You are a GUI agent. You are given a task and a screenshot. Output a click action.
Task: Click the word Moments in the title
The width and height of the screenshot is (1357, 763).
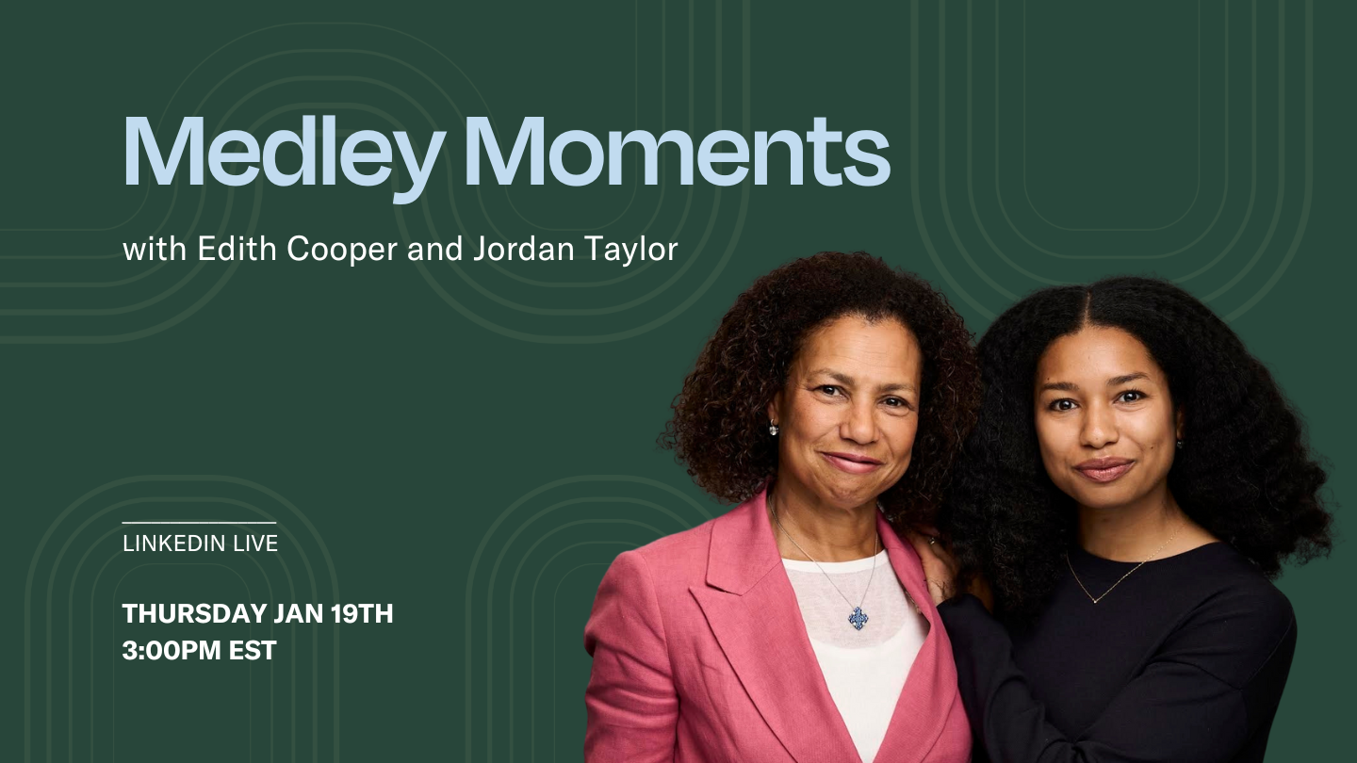click(x=676, y=153)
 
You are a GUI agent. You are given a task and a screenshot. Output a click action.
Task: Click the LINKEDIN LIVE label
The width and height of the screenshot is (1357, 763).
click(x=200, y=544)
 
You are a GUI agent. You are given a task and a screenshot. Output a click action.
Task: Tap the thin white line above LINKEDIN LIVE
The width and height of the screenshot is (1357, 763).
click(x=199, y=522)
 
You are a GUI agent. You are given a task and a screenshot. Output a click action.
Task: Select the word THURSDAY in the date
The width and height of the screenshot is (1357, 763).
click(x=194, y=614)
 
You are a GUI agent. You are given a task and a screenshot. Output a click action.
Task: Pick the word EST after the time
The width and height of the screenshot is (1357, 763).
click(x=253, y=650)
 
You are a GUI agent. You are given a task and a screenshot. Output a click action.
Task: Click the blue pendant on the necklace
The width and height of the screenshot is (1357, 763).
click(x=858, y=618)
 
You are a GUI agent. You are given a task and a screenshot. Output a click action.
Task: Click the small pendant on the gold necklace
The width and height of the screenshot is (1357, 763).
click(x=1094, y=598)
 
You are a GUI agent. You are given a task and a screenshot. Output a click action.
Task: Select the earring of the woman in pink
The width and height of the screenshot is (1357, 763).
click(x=774, y=430)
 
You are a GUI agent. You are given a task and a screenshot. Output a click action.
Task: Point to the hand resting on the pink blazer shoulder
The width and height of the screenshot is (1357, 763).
click(x=933, y=565)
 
